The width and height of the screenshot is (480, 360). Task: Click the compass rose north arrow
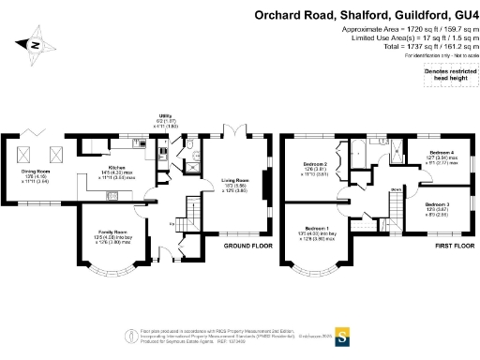click(35, 44)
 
